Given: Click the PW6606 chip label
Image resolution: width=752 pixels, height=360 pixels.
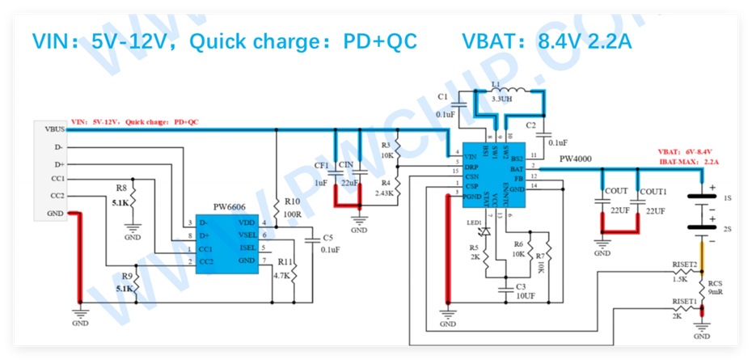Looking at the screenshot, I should (x=230, y=209).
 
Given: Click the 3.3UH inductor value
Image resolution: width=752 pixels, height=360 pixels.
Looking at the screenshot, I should (x=501, y=99).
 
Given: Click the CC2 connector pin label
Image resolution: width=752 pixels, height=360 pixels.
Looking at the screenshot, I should (x=57, y=195).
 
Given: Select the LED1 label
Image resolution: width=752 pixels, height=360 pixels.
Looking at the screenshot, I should (x=474, y=222).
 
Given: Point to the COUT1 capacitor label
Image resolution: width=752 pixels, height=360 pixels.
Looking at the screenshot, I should (x=653, y=192).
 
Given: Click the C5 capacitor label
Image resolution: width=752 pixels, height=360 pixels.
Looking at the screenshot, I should (x=327, y=238).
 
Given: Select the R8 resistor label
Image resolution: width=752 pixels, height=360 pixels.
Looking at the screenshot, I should (x=121, y=188).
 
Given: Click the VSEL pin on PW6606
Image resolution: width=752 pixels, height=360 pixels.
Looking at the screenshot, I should (x=247, y=235).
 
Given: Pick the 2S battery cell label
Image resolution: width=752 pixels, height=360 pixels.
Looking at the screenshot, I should (x=727, y=230).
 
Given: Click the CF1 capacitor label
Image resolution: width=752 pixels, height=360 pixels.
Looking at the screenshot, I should (x=321, y=166).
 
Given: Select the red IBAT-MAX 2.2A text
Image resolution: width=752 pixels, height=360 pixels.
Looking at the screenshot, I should (x=688, y=163).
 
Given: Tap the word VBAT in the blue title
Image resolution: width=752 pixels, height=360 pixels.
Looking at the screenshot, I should (x=493, y=41).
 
